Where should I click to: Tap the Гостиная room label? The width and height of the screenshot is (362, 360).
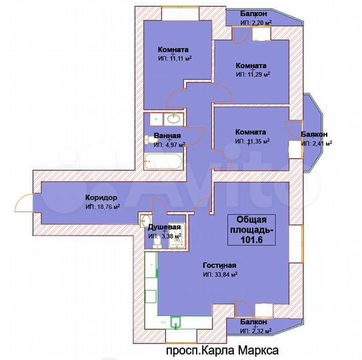click(219, 265)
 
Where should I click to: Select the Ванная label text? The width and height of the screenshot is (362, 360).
click(167, 136)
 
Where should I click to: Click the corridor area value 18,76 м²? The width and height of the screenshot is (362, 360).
click(103, 207)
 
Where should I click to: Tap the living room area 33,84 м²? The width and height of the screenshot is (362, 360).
click(220, 274)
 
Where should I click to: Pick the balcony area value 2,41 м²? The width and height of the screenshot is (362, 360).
click(317, 143)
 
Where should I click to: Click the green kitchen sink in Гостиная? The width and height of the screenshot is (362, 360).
click(176, 323)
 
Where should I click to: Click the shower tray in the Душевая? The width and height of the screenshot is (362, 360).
click(175, 239)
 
